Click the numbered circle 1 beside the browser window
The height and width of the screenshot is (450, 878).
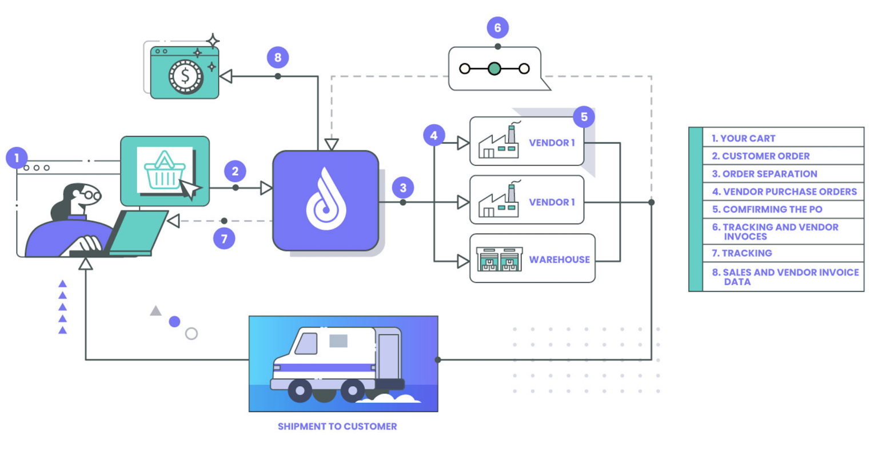point(17,157)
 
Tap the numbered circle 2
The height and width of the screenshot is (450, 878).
point(235,171)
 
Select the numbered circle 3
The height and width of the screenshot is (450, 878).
point(403,188)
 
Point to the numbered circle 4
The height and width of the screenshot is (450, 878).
point(434,136)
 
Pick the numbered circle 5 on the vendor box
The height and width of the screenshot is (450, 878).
point(584,117)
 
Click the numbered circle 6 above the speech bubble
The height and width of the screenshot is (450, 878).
point(497,27)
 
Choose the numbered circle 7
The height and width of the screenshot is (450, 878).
point(224,238)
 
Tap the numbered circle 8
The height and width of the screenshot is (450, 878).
point(278,57)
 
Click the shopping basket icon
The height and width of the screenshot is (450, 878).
point(164,170)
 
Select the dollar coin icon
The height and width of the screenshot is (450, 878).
point(185,75)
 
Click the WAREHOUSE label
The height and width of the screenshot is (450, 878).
point(559,260)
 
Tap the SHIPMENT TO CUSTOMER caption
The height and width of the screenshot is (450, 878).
point(337,427)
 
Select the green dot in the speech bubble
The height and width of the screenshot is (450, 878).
point(494,69)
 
